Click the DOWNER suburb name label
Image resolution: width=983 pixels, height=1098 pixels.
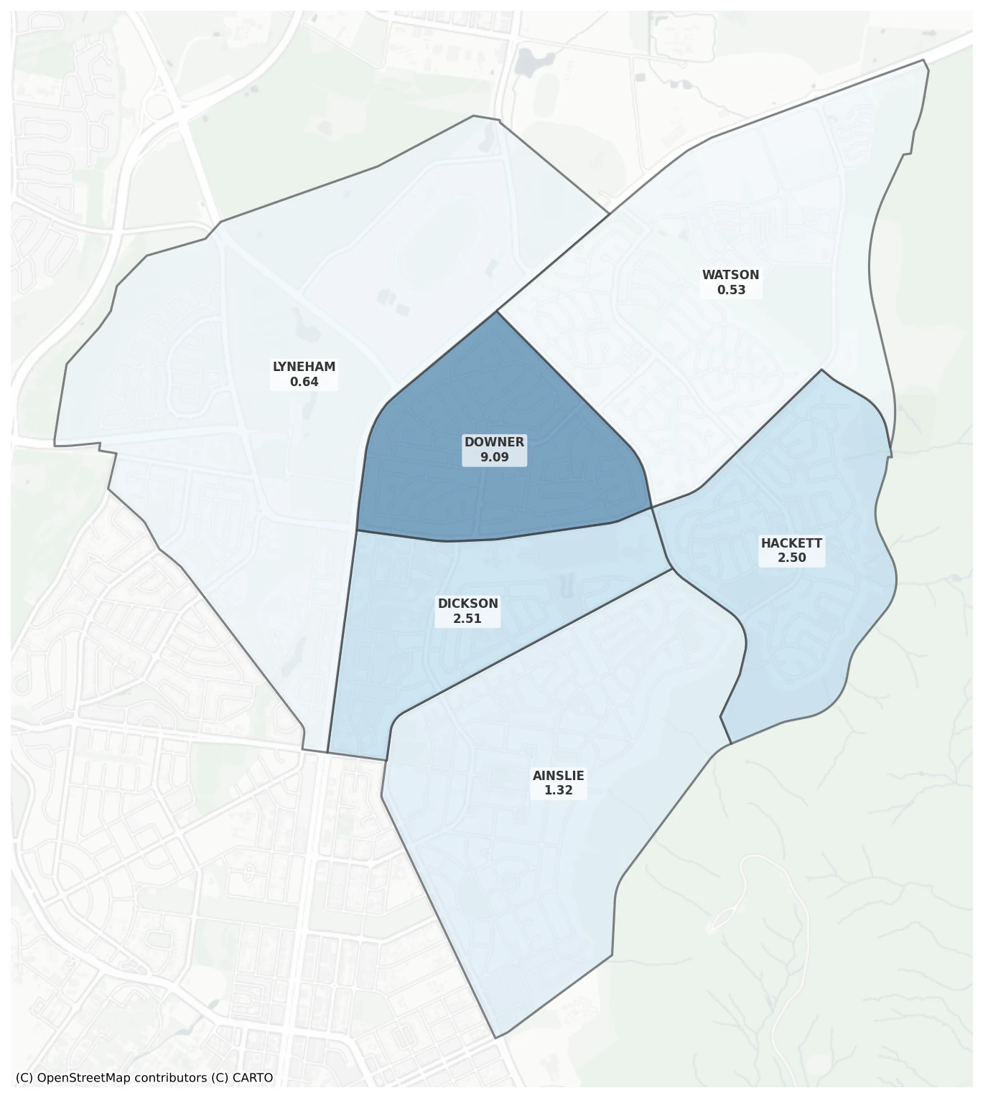pyautogui.click(x=494, y=442)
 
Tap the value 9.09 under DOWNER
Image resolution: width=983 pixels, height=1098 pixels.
pyautogui.click(x=494, y=457)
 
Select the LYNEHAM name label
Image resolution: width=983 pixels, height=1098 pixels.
pyautogui.click(x=304, y=367)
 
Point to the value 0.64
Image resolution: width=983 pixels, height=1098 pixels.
pyautogui.click(x=304, y=382)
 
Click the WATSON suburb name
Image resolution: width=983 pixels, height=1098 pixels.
pyautogui.click(x=730, y=275)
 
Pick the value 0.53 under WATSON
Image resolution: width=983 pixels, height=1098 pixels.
pyautogui.click(x=731, y=290)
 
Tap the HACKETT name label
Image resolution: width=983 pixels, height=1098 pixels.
pyautogui.click(x=791, y=543)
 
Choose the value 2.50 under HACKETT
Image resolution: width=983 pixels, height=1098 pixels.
pyautogui.click(x=791, y=558)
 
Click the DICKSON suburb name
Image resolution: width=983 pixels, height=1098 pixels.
pyautogui.click(x=467, y=604)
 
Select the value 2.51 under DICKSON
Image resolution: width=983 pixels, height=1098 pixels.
pyautogui.click(x=467, y=619)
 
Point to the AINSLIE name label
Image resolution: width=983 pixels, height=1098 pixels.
pyautogui.click(x=558, y=776)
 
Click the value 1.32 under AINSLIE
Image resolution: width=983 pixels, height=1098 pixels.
pyautogui.click(x=558, y=790)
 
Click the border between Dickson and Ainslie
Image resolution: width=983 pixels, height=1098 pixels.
pyautogui.click(x=531, y=643)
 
